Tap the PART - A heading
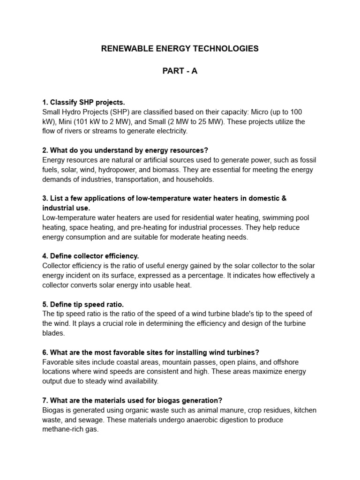click(180, 71)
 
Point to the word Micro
click(261, 112)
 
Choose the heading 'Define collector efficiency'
click(90, 256)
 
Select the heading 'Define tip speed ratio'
click(83, 304)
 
